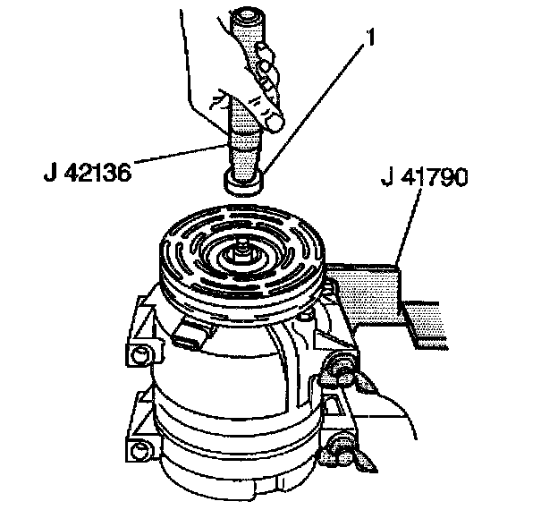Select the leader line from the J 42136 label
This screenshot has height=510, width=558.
(x=179, y=153)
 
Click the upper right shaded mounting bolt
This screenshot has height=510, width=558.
(x=340, y=364)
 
